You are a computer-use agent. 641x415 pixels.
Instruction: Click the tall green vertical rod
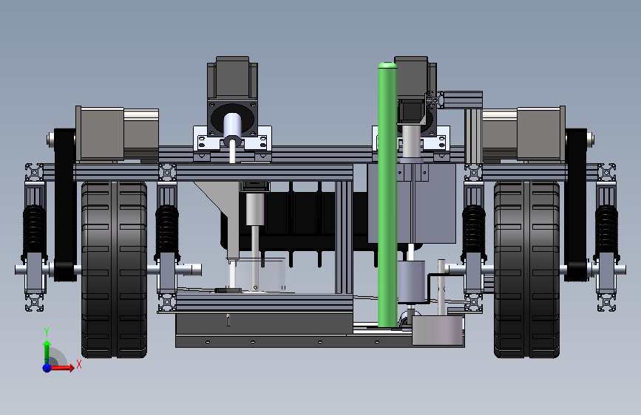coord(387,194)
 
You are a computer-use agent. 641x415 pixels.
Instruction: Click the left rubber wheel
coord(114,270)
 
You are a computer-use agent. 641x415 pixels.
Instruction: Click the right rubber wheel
coord(526,270)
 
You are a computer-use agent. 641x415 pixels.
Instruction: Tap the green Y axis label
coord(47,332)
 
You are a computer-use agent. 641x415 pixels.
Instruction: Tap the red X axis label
coord(79,364)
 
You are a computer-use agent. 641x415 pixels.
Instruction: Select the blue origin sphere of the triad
coord(47,368)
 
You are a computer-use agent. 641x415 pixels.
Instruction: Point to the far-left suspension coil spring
coord(34,231)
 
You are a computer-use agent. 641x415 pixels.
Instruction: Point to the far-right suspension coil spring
coord(606,231)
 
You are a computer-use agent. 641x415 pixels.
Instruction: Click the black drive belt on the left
coord(65,205)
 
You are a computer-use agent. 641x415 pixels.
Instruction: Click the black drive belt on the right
coord(576,205)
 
